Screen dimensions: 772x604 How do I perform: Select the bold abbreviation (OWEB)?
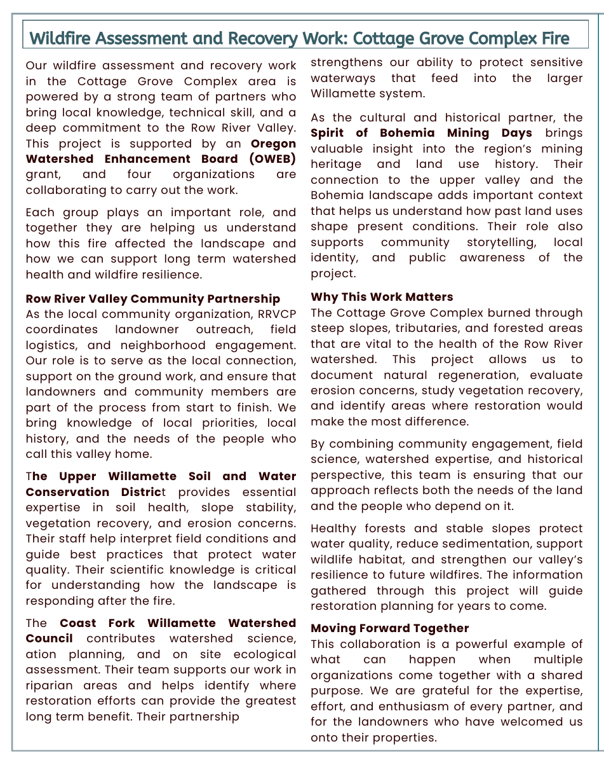tap(273, 159)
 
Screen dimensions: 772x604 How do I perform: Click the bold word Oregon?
tap(274, 144)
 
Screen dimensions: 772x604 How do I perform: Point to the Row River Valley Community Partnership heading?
tap(152, 299)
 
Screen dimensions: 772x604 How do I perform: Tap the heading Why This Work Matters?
tap(382, 297)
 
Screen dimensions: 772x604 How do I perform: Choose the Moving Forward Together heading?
tap(389, 628)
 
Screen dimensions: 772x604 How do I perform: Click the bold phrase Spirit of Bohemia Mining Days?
tap(421, 133)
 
